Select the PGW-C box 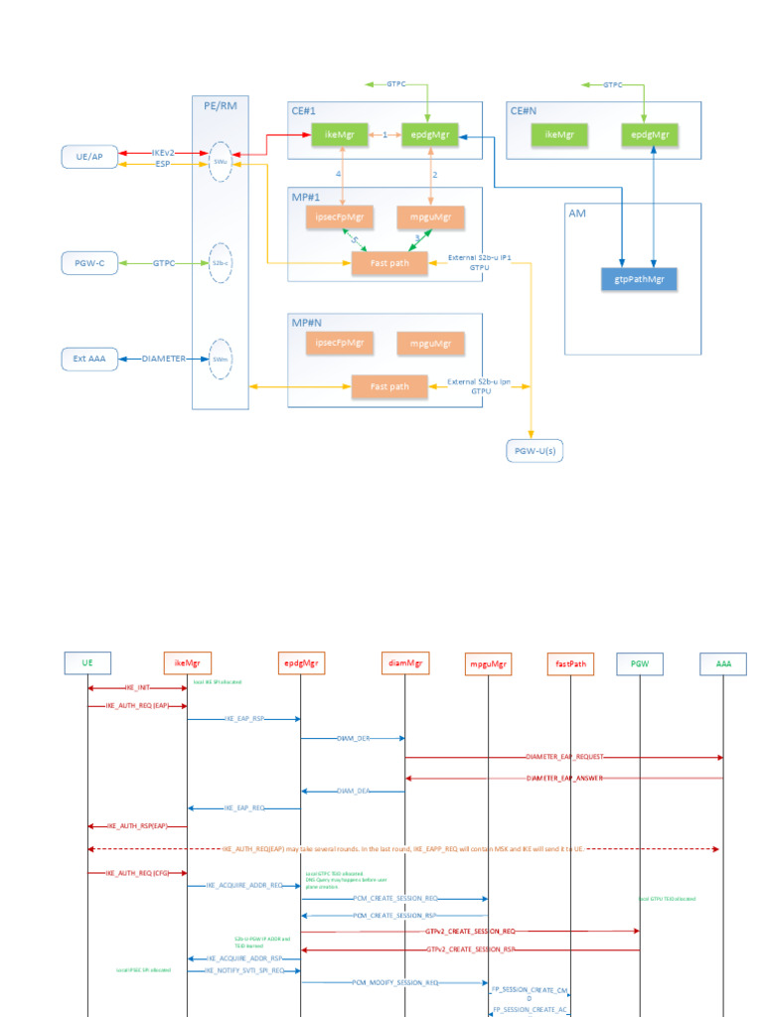pos(89,263)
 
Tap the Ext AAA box pos(89,358)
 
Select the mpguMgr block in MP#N pos(430,344)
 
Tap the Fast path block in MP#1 pos(390,262)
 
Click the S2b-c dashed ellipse pos(220,263)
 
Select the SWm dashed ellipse pos(220,358)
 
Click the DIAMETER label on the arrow pos(164,359)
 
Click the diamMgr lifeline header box pos(404,662)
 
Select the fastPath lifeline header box pos(570,662)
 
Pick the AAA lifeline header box pos(723,662)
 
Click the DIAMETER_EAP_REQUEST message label pos(564,757)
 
